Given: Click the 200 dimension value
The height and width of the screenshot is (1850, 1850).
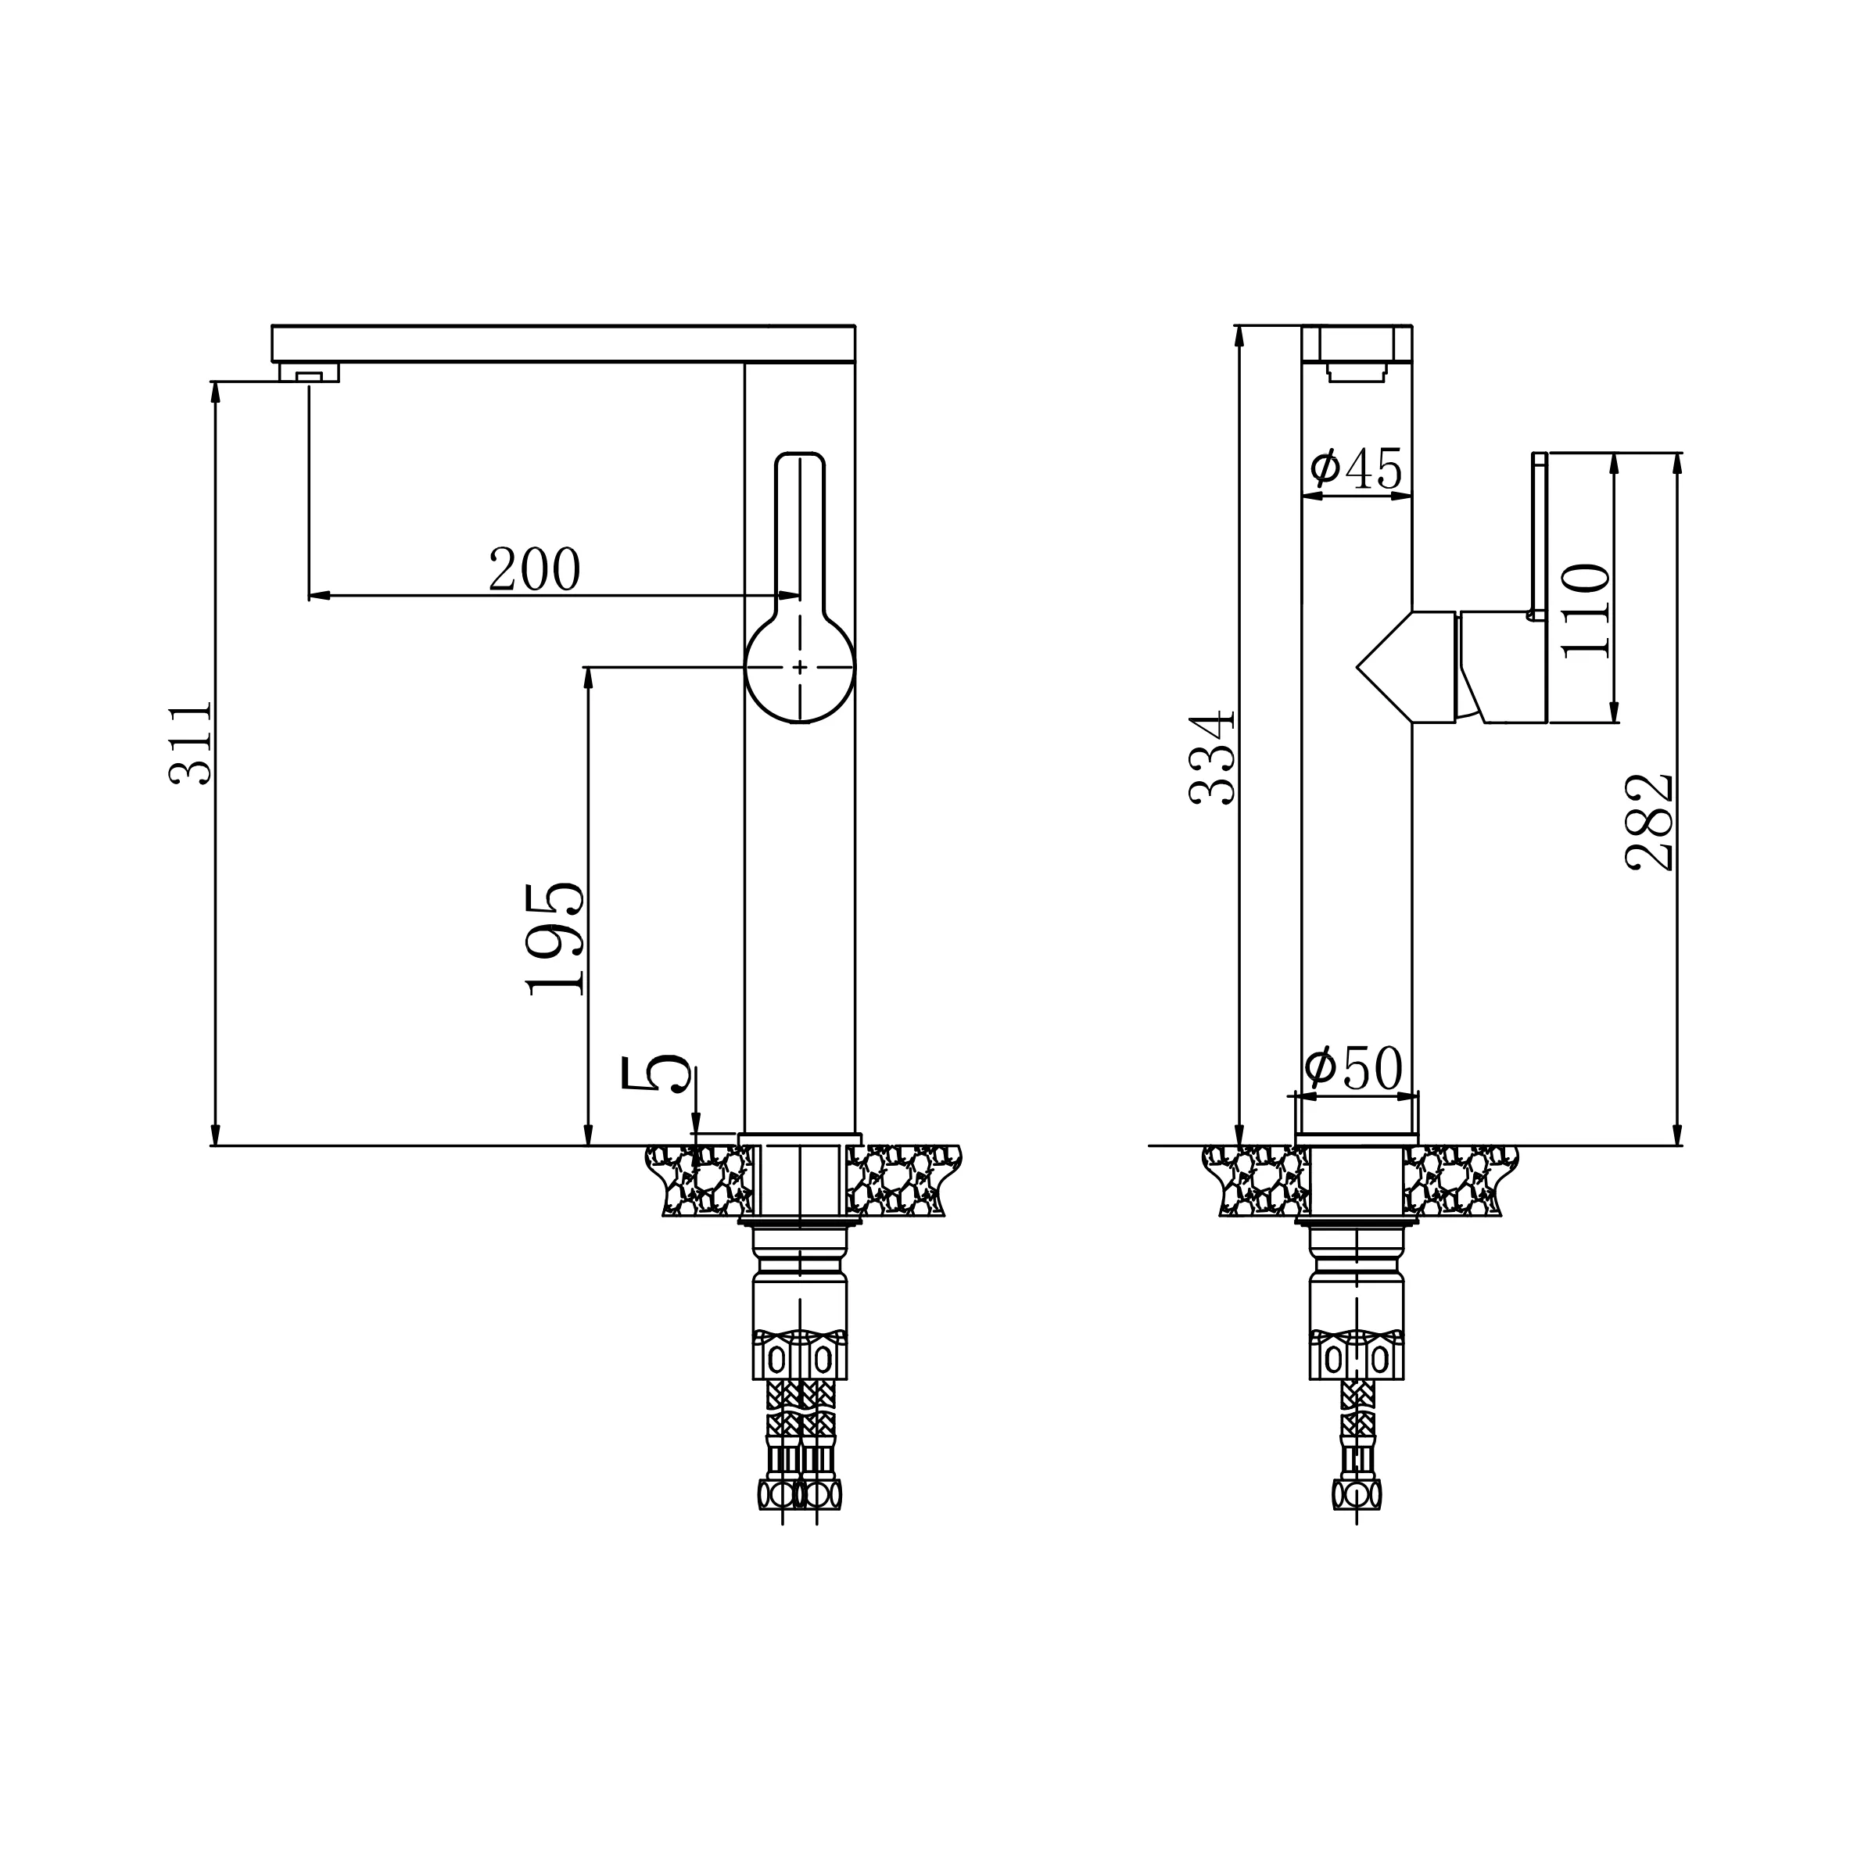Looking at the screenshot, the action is [534, 570].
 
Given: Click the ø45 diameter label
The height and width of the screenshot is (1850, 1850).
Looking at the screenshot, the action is [1356, 468].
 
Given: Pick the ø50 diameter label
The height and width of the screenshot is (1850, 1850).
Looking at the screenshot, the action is [1354, 1069].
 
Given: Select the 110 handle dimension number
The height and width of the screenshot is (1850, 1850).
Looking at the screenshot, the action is [1585, 611].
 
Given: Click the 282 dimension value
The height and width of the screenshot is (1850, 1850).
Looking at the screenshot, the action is [1650, 823].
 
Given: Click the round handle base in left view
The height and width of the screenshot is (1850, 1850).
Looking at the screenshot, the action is [800, 669].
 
